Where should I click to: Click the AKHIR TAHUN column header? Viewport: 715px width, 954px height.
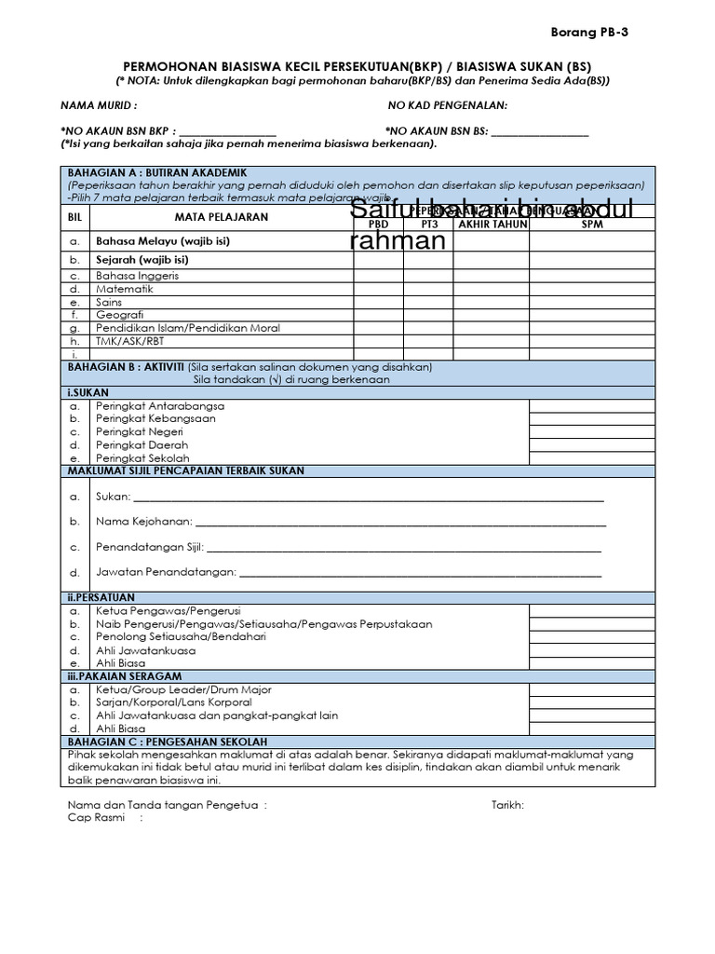click(x=492, y=225)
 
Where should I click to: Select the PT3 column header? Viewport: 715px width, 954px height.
click(x=428, y=225)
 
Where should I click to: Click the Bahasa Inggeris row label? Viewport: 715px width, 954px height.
click(x=137, y=276)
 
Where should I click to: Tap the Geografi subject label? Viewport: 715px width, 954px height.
click(x=121, y=315)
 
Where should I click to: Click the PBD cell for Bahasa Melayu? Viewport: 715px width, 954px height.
click(x=378, y=241)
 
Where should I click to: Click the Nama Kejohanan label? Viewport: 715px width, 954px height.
click(x=143, y=522)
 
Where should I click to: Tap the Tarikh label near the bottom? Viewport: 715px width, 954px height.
click(x=507, y=805)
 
